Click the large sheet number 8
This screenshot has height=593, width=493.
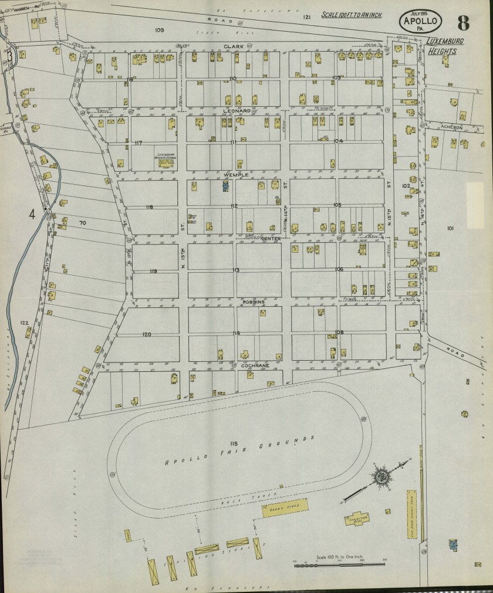coord(464,23)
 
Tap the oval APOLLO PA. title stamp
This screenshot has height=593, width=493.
coord(420,22)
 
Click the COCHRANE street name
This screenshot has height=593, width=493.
coord(255,365)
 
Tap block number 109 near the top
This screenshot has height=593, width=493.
coord(158,29)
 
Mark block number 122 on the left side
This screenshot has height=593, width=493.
coord(24,323)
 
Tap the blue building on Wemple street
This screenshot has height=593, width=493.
coord(225,186)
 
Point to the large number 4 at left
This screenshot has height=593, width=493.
coord(32,214)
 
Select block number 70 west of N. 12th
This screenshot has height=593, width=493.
coord(82,223)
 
